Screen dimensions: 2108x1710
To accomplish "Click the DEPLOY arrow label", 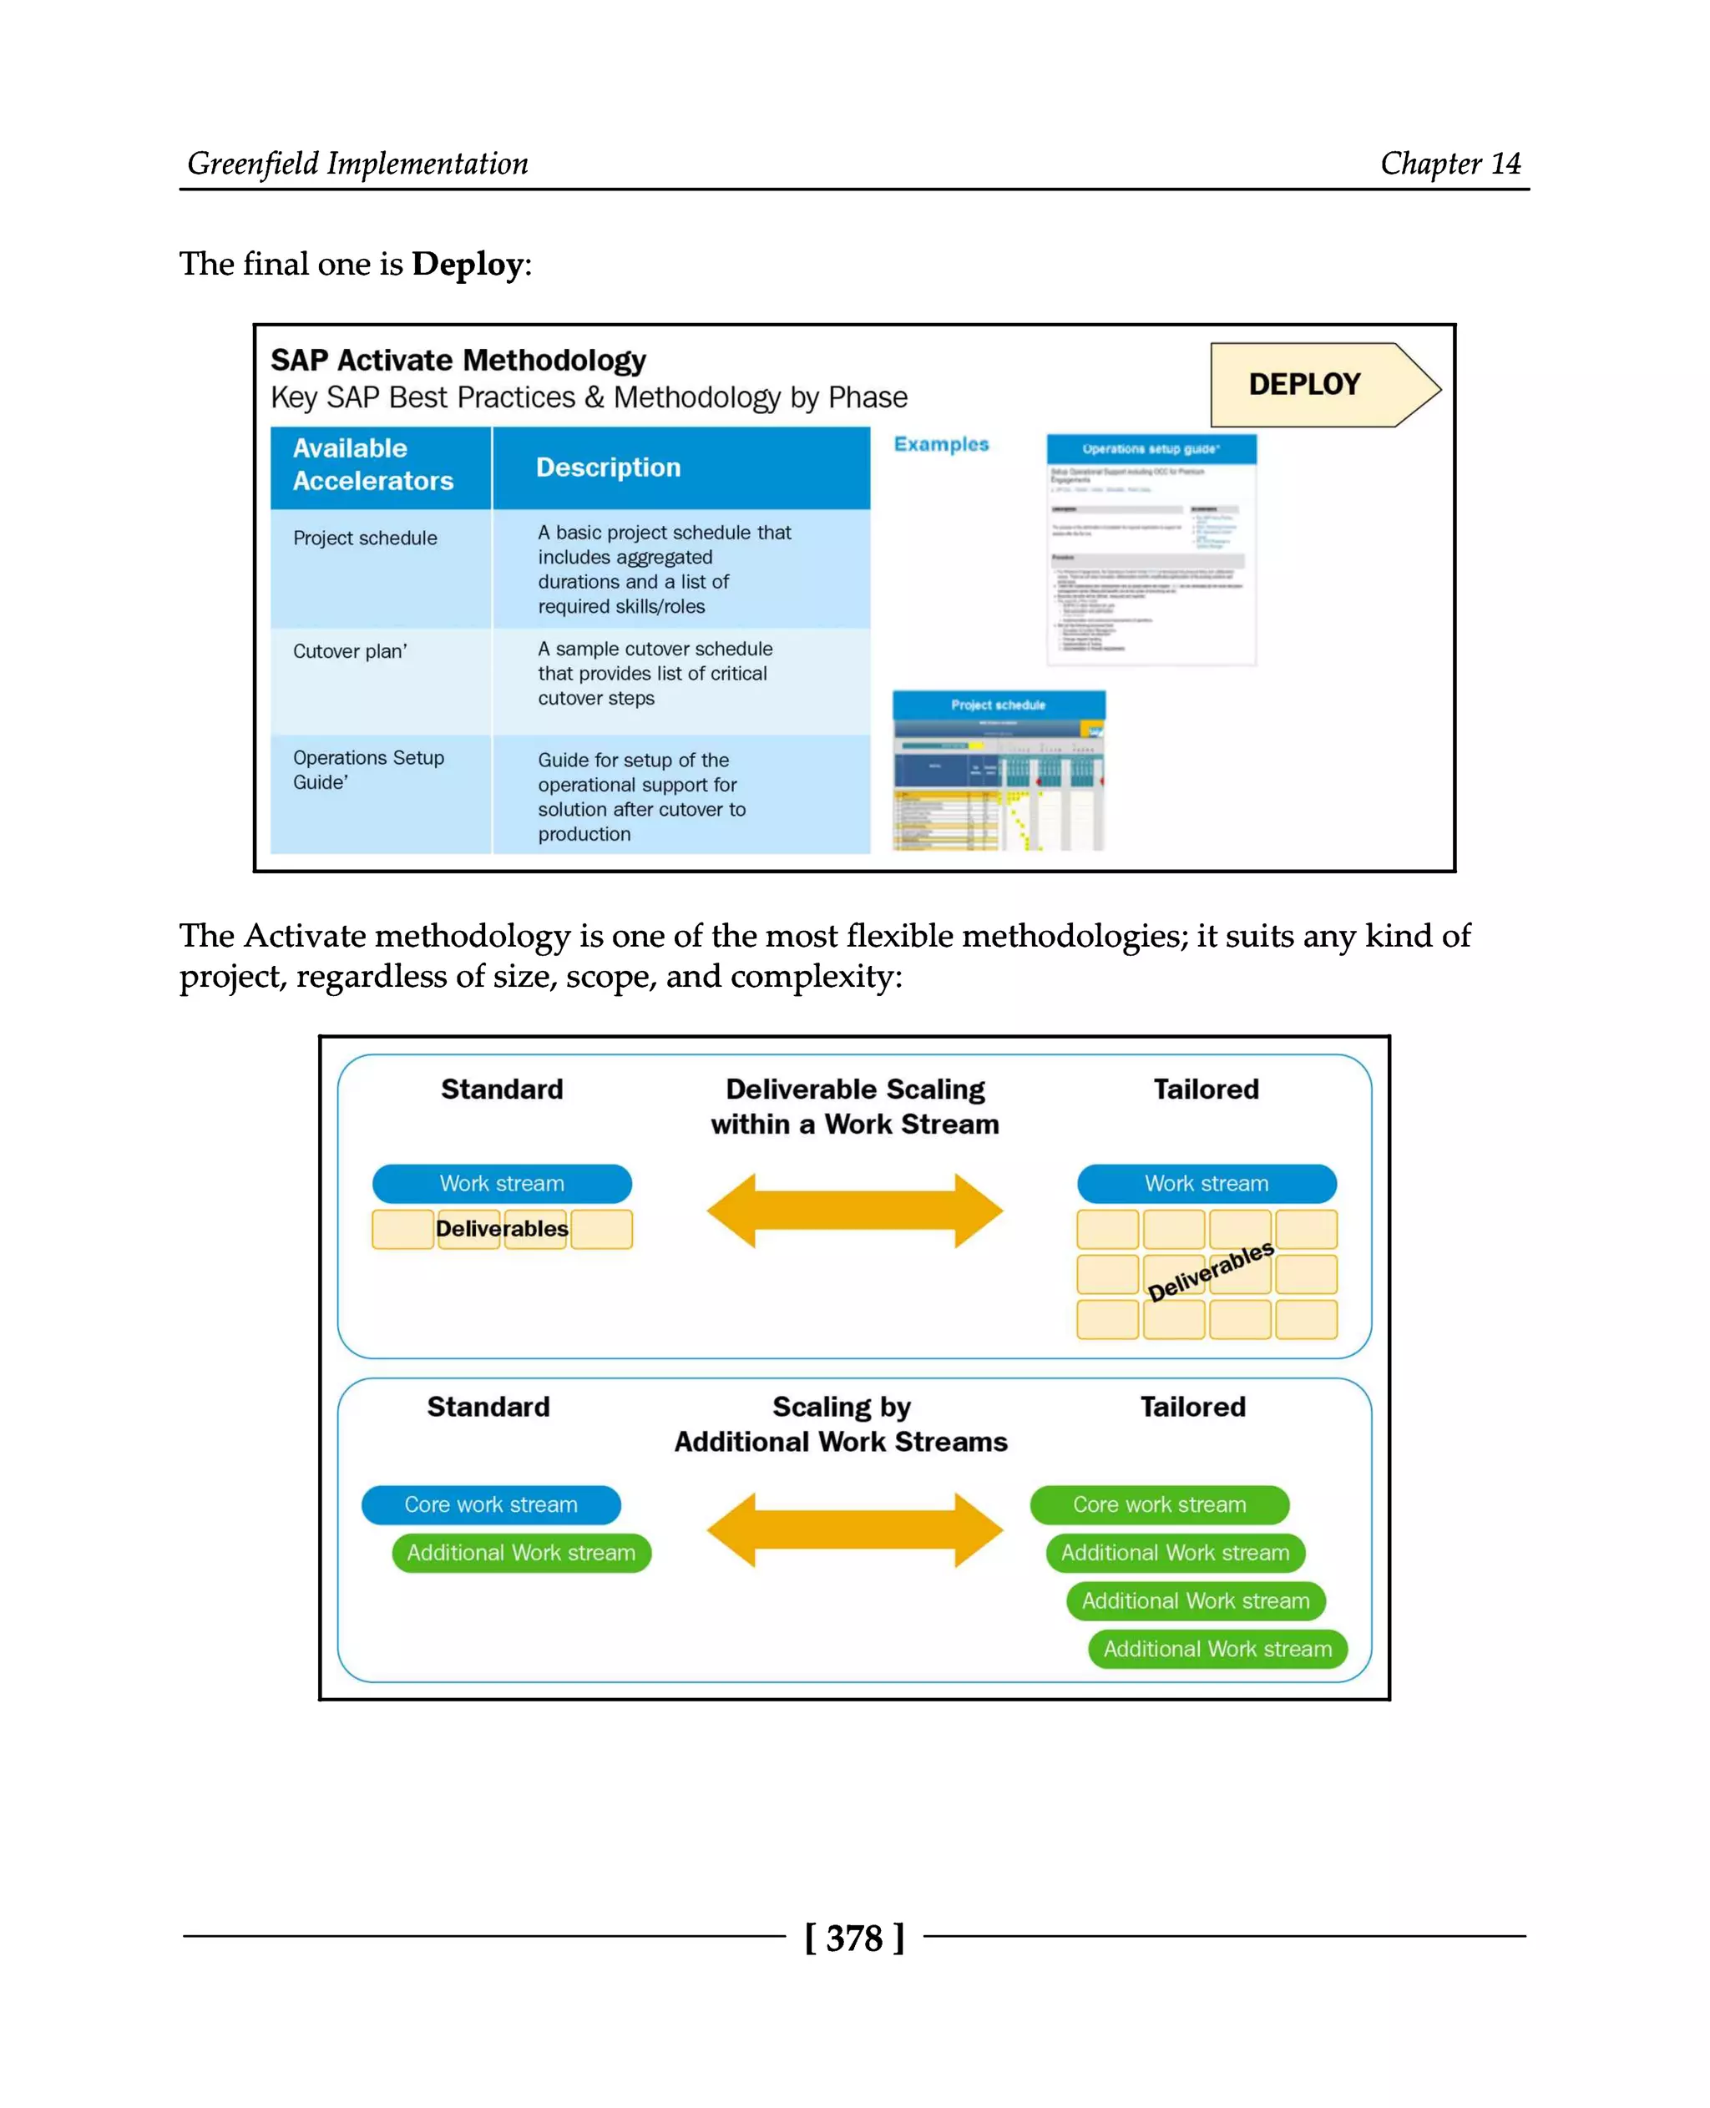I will click(x=1304, y=384).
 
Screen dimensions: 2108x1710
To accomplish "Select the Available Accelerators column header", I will click(x=372, y=464).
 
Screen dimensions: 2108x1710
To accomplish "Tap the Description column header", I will click(x=608, y=467).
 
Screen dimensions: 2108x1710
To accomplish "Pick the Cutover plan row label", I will click(x=350, y=651).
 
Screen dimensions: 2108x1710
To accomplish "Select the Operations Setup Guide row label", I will click(x=367, y=770).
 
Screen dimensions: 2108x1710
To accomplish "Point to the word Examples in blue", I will click(x=941, y=444).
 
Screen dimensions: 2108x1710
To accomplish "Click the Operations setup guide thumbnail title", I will click(x=1151, y=449).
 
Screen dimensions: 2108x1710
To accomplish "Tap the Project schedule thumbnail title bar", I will click(x=998, y=705).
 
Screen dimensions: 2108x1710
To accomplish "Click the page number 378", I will click(x=854, y=1939).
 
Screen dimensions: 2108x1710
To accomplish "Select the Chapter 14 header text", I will click(x=1450, y=164).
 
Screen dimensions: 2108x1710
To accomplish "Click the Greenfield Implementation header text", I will click(x=357, y=164).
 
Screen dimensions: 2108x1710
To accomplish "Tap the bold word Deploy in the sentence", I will click(x=467, y=264).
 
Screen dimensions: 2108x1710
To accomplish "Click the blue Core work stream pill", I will click(x=491, y=1504).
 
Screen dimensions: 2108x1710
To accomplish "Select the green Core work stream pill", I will click(x=1160, y=1504).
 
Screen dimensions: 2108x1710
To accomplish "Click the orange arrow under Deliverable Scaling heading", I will click(x=854, y=1211).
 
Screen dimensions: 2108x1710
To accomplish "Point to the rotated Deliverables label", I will click(x=1211, y=1271).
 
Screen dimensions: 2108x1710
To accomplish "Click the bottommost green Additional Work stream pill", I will click(x=1217, y=1649).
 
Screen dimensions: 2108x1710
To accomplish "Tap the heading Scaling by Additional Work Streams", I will click(x=841, y=1423).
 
